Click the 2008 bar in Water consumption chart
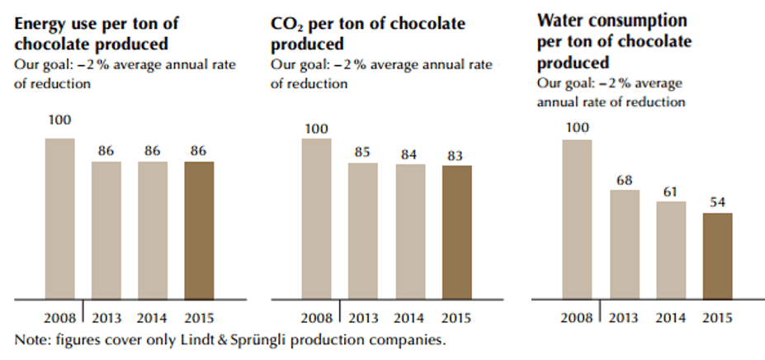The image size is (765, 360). point(577,218)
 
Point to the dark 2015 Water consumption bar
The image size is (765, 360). point(717,255)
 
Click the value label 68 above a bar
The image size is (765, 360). point(624,180)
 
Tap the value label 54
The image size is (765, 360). point(717,202)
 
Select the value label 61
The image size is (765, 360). point(670,192)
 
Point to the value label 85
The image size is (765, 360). point(363,153)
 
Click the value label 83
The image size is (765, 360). point(456,155)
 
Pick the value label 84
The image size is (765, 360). point(410,154)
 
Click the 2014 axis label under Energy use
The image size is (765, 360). point(153,318)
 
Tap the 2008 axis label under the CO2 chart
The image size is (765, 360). point(317,318)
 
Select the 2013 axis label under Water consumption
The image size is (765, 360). point(624,318)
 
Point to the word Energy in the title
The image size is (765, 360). point(39,23)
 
